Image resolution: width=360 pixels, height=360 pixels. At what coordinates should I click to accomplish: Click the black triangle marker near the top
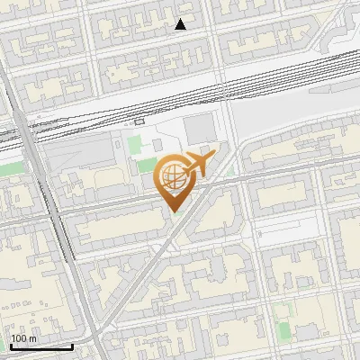click(x=181, y=25)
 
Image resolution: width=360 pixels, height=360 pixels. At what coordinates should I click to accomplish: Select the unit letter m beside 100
click(x=33, y=338)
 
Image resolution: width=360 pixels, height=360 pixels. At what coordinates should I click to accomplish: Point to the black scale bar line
click(x=40, y=346)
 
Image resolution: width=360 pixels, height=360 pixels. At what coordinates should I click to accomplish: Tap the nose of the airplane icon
click(x=213, y=157)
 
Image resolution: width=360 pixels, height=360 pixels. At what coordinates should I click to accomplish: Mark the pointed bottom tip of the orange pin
click(x=173, y=211)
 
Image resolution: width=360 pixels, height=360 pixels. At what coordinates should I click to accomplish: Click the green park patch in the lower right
click(x=283, y=312)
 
